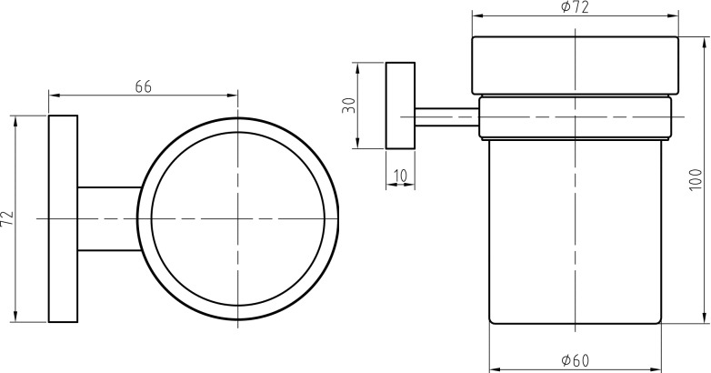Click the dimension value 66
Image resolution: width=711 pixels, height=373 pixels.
[144, 86]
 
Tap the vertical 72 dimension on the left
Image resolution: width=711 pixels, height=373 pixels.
[6, 218]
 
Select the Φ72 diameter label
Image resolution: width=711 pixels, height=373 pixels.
[575, 7]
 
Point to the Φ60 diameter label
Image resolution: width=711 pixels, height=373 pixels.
[575, 361]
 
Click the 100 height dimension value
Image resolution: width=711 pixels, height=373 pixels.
[696, 180]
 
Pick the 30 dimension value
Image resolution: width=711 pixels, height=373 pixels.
[349, 106]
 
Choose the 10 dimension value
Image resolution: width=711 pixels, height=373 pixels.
[400, 176]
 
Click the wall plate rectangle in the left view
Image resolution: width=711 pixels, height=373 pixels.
[63, 218]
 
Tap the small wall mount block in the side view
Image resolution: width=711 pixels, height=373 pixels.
[400, 106]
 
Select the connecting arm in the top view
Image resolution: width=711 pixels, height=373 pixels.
[109, 218]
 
